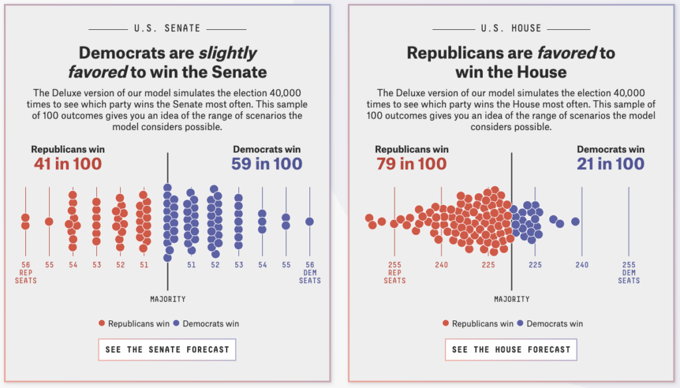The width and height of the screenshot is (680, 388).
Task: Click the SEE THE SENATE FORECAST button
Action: point(167,350)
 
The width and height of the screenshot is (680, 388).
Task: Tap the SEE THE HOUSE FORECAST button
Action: point(511,350)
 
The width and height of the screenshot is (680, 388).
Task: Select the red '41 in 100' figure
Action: point(68,163)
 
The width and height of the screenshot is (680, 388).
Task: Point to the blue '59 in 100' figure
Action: point(267,163)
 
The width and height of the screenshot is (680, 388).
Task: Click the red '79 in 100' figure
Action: point(412,163)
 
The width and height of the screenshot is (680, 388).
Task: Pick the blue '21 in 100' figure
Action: point(611,163)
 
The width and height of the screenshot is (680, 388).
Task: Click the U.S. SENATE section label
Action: point(167,29)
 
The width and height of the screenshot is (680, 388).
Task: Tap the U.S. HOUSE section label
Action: point(511,29)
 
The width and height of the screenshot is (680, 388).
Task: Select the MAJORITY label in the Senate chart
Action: point(167,299)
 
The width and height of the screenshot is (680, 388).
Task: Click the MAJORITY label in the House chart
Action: point(511,299)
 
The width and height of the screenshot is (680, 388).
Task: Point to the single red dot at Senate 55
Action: point(49,222)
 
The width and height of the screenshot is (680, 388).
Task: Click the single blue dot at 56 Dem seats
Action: point(309,222)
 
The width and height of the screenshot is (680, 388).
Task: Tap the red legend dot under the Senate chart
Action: point(102,324)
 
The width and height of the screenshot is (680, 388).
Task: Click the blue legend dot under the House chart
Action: point(521,324)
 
